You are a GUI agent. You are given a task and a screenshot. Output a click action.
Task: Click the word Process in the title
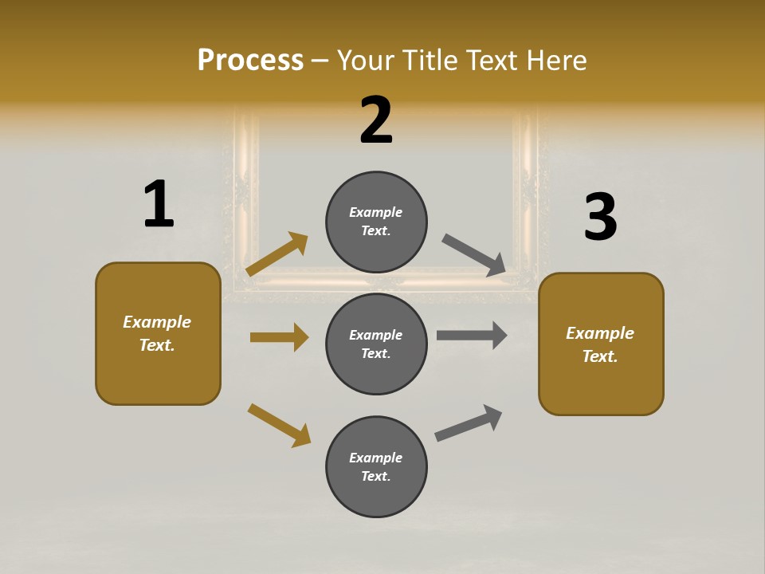pyautogui.click(x=250, y=61)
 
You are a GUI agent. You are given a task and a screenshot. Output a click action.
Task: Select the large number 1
pyautogui.click(x=159, y=204)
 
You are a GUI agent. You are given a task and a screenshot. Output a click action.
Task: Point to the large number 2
pyautogui.click(x=376, y=120)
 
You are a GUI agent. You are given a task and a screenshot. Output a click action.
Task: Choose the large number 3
pyautogui.click(x=600, y=217)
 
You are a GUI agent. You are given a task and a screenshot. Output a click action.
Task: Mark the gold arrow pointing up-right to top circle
pyautogui.click(x=277, y=254)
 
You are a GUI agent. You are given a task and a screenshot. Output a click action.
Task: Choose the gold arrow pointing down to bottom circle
pyautogui.click(x=279, y=425)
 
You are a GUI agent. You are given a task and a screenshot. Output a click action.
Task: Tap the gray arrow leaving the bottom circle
pyautogui.click(x=469, y=423)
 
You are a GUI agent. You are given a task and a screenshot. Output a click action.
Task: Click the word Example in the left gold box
pyautogui.click(x=157, y=322)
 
